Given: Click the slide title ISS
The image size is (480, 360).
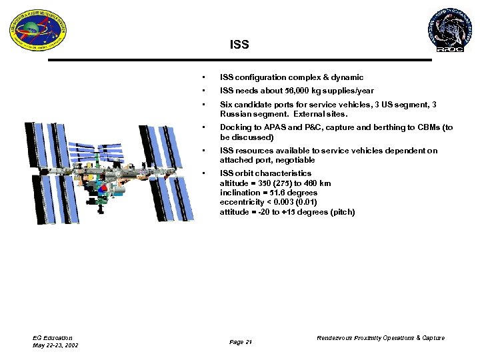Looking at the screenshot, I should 239,45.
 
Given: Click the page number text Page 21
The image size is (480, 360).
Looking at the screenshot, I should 240,342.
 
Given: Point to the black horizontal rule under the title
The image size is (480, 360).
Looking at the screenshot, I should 239,60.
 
